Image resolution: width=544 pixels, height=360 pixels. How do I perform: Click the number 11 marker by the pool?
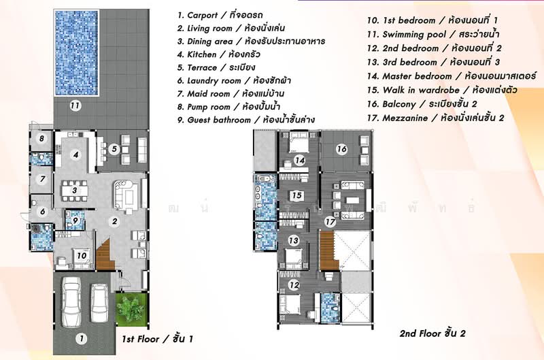(x=75, y=105)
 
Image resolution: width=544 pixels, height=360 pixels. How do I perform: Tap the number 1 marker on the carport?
(x=80, y=338)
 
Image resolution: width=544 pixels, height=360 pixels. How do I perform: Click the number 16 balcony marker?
(x=342, y=149)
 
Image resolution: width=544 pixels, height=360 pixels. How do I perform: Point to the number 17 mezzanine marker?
(x=330, y=221)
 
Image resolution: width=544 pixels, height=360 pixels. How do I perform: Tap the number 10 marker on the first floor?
(x=80, y=256)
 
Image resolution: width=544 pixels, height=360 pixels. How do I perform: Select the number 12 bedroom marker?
(x=294, y=286)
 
